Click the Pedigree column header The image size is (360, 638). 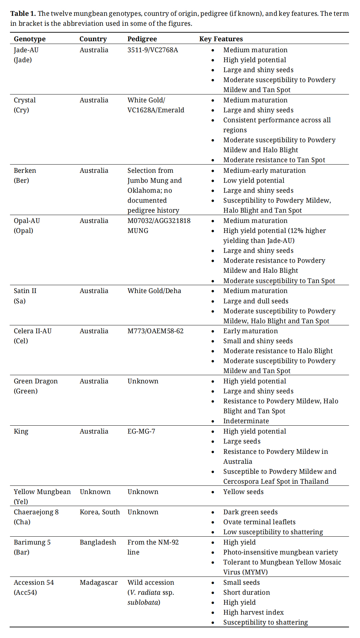point(142,39)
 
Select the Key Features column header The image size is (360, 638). point(221,39)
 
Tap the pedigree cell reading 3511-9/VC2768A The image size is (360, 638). point(153,50)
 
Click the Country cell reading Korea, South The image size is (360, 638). point(100,512)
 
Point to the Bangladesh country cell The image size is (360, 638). point(98,542)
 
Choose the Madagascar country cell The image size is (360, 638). point(99,582)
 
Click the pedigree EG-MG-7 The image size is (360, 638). point(141,431)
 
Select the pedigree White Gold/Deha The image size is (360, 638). point(154,291)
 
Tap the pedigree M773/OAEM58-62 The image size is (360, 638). point(155,331)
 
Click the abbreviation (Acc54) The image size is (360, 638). point(25,592)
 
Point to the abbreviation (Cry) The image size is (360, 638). point(21,110)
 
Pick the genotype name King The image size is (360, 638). point(21,431)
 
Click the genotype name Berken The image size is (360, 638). point(25,170)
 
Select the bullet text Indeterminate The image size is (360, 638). point(246,421)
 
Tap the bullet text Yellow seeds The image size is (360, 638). point(243,492)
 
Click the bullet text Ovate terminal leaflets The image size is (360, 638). point(259,522)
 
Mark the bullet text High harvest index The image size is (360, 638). point(254,612)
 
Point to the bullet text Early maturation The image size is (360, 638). point(250,331)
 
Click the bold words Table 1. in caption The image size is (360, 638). point(23,13)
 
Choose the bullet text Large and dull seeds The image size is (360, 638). point(256,301)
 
